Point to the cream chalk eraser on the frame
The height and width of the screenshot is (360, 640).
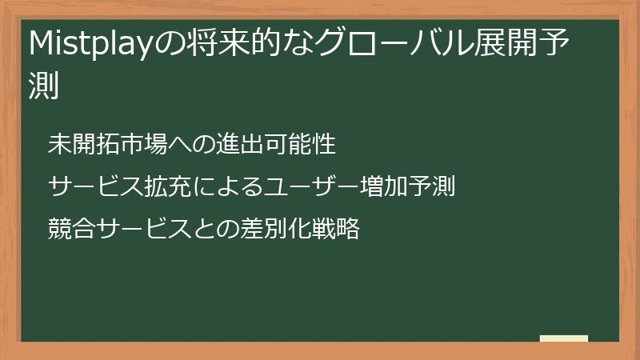(x=564, y=338)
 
